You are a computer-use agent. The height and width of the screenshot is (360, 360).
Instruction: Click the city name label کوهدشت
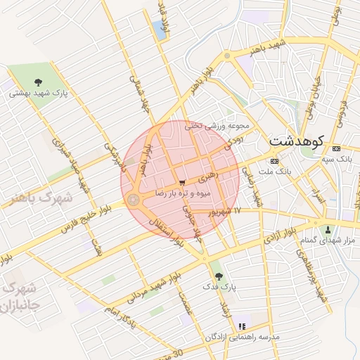click(296, 140)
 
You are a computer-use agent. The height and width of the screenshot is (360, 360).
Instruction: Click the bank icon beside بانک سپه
click(336, 148)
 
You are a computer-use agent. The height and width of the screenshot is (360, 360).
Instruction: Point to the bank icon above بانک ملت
click(274, 161)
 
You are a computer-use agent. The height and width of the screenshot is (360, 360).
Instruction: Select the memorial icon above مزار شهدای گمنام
click(327, 230)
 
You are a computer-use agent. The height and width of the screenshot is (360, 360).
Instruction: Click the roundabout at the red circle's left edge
click(133, 201)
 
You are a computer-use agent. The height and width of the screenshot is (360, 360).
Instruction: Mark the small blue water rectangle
click(158, 30)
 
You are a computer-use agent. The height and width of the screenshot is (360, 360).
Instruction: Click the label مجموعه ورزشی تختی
click(217, 126)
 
